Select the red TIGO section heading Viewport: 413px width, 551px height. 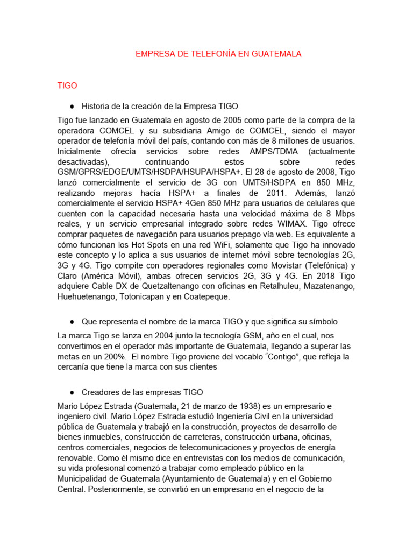[x=67, y=86]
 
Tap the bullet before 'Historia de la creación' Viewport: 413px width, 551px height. [x=72, y=106]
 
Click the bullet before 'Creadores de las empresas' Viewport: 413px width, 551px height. [x=72, y=392]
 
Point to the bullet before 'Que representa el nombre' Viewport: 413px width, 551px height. [x=72, y=321]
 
